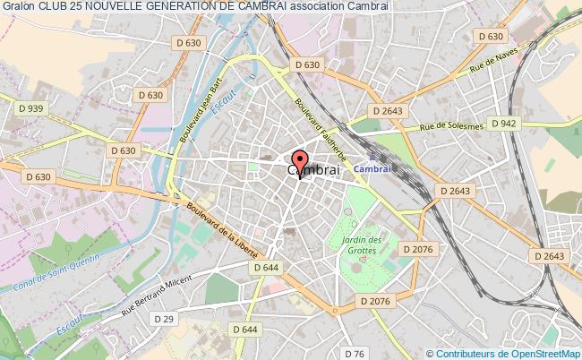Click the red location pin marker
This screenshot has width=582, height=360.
tap(299, 159)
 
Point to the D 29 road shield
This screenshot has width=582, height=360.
tap(162, 319)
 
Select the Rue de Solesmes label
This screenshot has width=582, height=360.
tap(452, 128)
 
